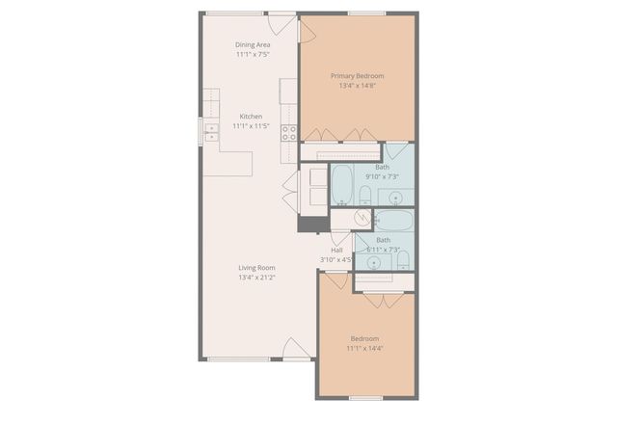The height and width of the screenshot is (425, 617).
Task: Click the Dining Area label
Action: coord(253,44)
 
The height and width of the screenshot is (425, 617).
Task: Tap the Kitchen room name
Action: coord(251,117)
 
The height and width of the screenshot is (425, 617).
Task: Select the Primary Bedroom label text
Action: coord(357,75)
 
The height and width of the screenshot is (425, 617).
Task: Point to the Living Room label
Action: coord(256,268)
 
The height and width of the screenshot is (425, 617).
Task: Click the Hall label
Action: coord(337,250)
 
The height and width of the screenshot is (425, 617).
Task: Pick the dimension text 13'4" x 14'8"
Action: coord(357,86)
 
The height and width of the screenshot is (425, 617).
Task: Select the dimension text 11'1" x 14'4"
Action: coord(364,348)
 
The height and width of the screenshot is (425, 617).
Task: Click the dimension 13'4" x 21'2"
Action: coord(256,278)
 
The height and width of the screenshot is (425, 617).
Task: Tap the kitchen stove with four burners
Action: coord(288,132)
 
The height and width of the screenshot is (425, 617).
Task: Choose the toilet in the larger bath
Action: coord(364,197)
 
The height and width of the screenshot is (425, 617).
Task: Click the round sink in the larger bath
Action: coord(396,197)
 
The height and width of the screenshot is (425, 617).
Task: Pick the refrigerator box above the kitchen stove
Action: coord(287,92)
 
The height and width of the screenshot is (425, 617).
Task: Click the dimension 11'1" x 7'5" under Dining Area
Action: coord(253,55)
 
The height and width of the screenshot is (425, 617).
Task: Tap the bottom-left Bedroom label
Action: coord(364,338)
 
